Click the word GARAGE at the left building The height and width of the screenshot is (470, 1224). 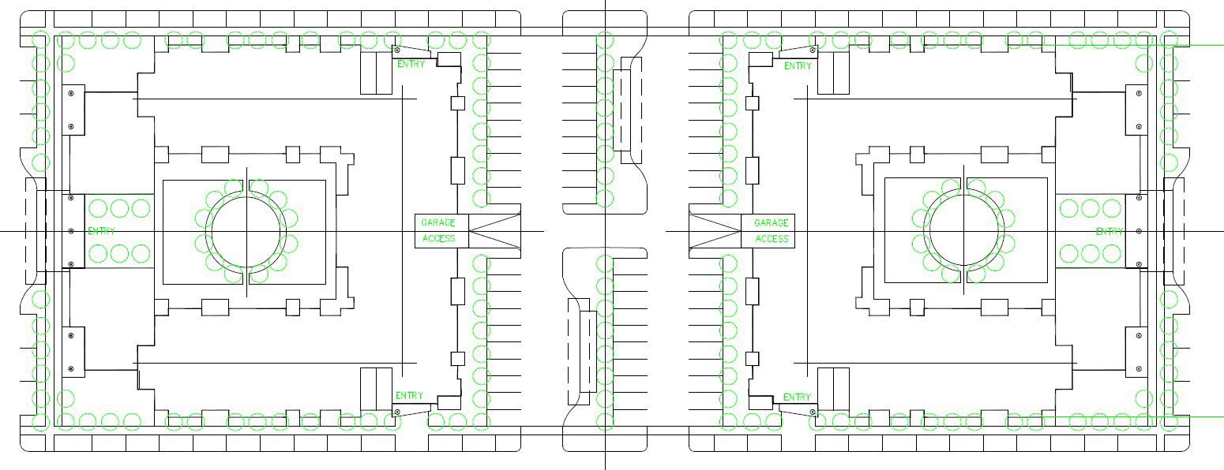click(x=438, y=223)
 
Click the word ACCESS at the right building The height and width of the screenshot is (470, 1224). click(x=772, y=239)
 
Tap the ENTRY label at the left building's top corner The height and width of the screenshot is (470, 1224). click(x=411, y=64)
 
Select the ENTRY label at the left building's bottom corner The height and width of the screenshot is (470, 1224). click(x=409, y=396)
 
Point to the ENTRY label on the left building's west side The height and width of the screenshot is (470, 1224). click(x=101, y=231)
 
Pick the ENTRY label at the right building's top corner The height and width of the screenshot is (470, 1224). click(x=798, y=66)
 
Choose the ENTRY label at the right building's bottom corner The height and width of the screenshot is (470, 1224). click(x=797, y=397)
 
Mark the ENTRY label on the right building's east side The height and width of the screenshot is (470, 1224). click(x=1109, y=231)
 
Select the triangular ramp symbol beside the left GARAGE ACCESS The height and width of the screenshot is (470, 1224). click(x=495, y=231)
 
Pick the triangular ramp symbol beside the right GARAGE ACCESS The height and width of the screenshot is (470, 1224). click(x=715, y=231)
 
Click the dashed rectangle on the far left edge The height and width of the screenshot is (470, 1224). click(x=36, y=231)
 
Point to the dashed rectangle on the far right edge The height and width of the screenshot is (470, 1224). click(x=1173, y=231)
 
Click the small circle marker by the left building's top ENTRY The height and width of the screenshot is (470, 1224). click(x=396, y=50)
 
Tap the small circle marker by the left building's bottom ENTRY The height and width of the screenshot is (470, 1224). click(x=396, y=412)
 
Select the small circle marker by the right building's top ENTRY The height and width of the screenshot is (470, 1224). click(x=814, y=50)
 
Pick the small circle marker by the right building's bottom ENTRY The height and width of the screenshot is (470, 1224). click(x=813, y=411)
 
